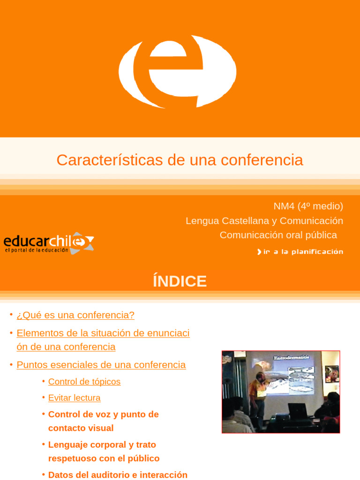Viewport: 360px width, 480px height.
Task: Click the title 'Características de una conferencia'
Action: pyautogui.click(x=180, y=160)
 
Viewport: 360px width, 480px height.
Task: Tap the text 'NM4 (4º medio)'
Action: pyautogui.click(x=308, y=206)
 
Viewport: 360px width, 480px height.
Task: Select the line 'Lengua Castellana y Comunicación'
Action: pyautogui.click(x=264, y=220)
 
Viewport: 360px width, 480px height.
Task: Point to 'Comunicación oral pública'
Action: pyautogui.click(x=278, y=235)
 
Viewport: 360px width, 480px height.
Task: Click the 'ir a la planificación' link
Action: pyautogui.click(x=300, y=252)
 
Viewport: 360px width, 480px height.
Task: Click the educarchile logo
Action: pyautogui.click(x=49, y=243)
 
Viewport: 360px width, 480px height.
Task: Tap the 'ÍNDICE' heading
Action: pyautogui.click(x=180, y=281)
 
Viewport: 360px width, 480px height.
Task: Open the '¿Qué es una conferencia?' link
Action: pyautogui.click(x=75, y=315)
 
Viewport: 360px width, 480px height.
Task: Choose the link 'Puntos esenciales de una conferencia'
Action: pyautogui.click(x=101, y=365)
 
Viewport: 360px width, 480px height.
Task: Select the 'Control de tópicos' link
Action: pyautogui.click(x=84, y=382)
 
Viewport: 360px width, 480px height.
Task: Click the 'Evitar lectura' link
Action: pyautogui.click(x=74, y=398)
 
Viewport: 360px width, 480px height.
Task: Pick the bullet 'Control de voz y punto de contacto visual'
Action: pyautogui.click(x=103, y=421)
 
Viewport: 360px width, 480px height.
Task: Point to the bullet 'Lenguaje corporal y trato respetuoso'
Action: pyautogui.click(x=104, y=451)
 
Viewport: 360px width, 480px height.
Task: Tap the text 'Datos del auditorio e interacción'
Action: pyautogui.click(x=118, y=475)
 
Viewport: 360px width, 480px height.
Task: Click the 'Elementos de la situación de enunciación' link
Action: pyautogui.click(x=103, y=340)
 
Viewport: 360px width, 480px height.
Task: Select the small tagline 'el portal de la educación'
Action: pyautogui.click(x=37, y=251)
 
